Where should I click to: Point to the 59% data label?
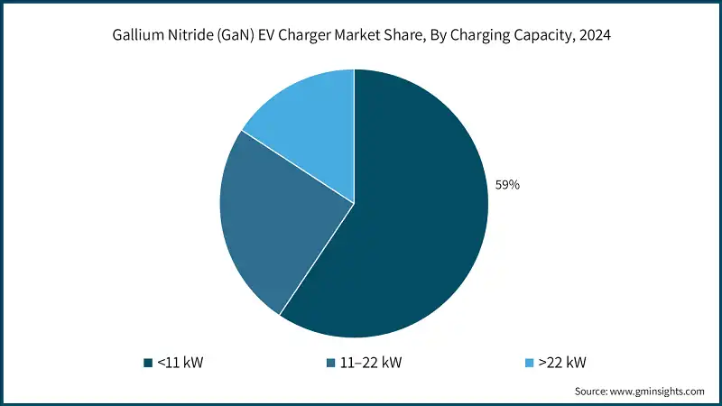pyautogui.click(x=507, y=184)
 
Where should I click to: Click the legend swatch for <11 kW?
pyautogui.click(x=147, y=363)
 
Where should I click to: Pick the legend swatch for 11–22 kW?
pyautogui.click(x=332, y=363)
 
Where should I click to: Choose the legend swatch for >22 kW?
pyautogui.click(x=530, y=363)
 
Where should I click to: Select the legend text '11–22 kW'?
pyautogui.click(x=372, y=363)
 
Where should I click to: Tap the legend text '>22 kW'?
pyautogui.click(x=562, y=363)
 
